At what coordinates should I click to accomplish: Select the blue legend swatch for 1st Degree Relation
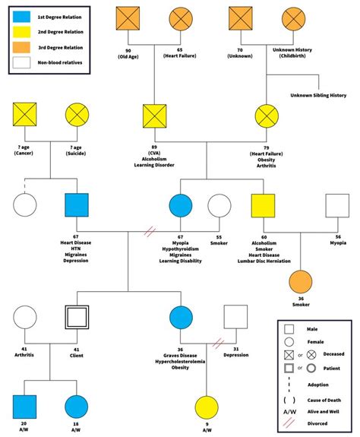(x=25, y=16)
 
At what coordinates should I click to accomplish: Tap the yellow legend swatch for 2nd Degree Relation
(x=25, y=32)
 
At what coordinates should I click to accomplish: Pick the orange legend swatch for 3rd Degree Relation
(x=25, y=48)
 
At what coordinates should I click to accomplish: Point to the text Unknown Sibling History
(x=318, y=95)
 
